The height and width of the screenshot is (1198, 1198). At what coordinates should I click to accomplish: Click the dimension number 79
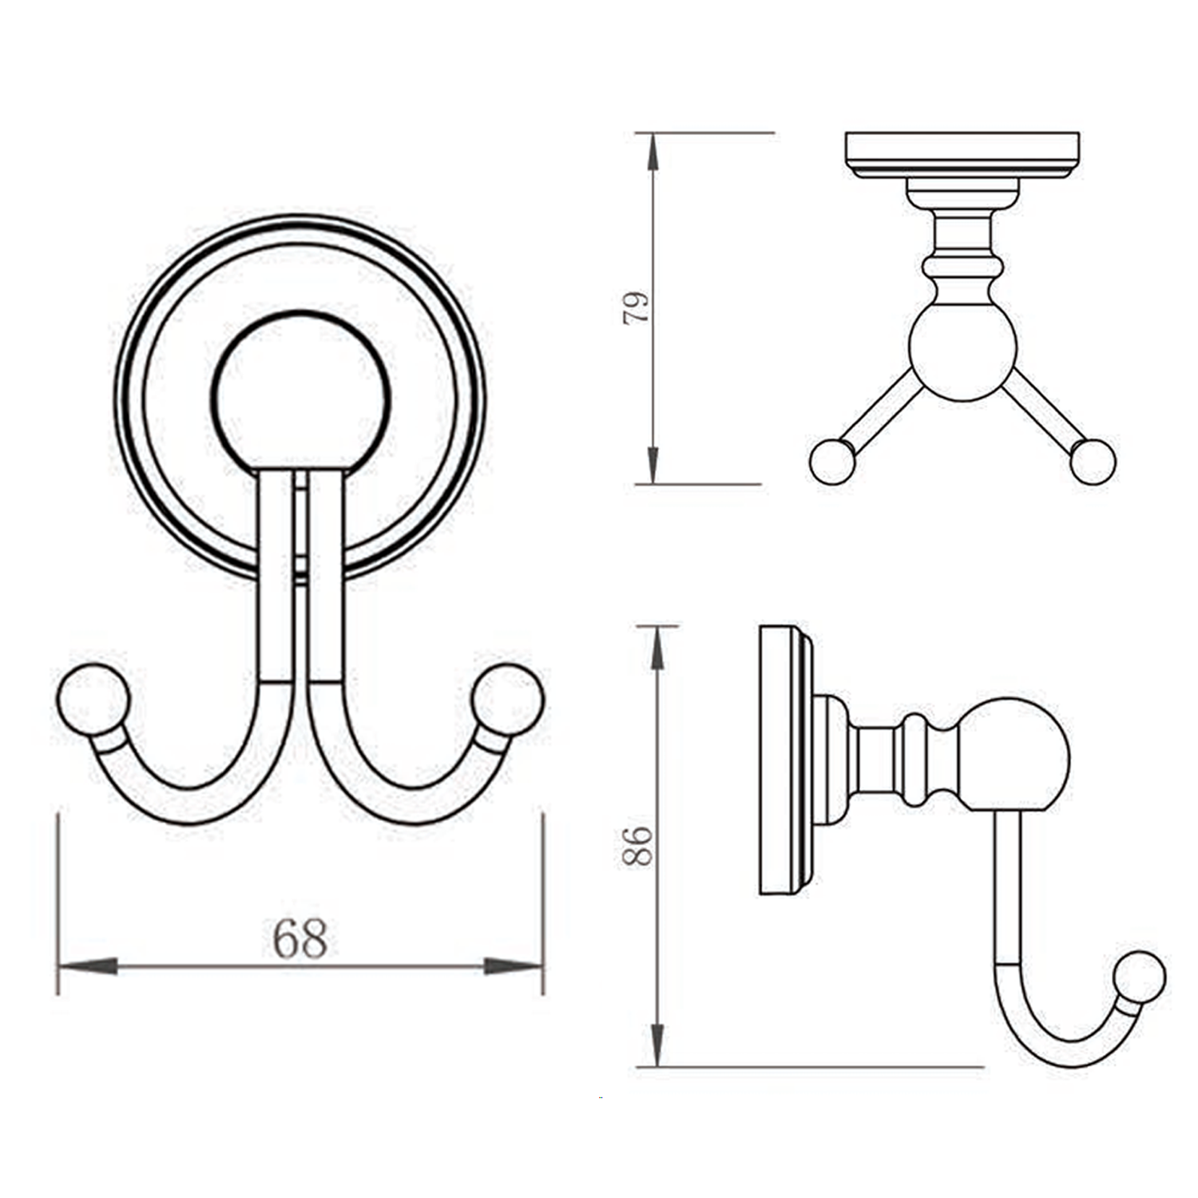point(637,307)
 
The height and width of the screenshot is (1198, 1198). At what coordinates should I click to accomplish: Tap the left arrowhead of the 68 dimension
point(88,966)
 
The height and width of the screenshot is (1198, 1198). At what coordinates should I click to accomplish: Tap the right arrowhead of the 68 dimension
point(514,966)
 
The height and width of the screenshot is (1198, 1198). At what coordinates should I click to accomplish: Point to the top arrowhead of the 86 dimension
point(657,648)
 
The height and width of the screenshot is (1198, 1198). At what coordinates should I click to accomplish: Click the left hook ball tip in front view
point(93,699)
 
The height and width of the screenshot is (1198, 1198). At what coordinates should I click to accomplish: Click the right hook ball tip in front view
point(507,699)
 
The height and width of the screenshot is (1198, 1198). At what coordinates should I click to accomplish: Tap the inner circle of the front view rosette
point(301,395)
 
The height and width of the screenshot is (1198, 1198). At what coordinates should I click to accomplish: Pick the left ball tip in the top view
point(832,462)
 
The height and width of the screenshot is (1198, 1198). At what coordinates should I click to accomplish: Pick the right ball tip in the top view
point(1092,462)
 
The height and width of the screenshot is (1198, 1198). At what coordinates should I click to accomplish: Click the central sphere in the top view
point(962,351)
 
